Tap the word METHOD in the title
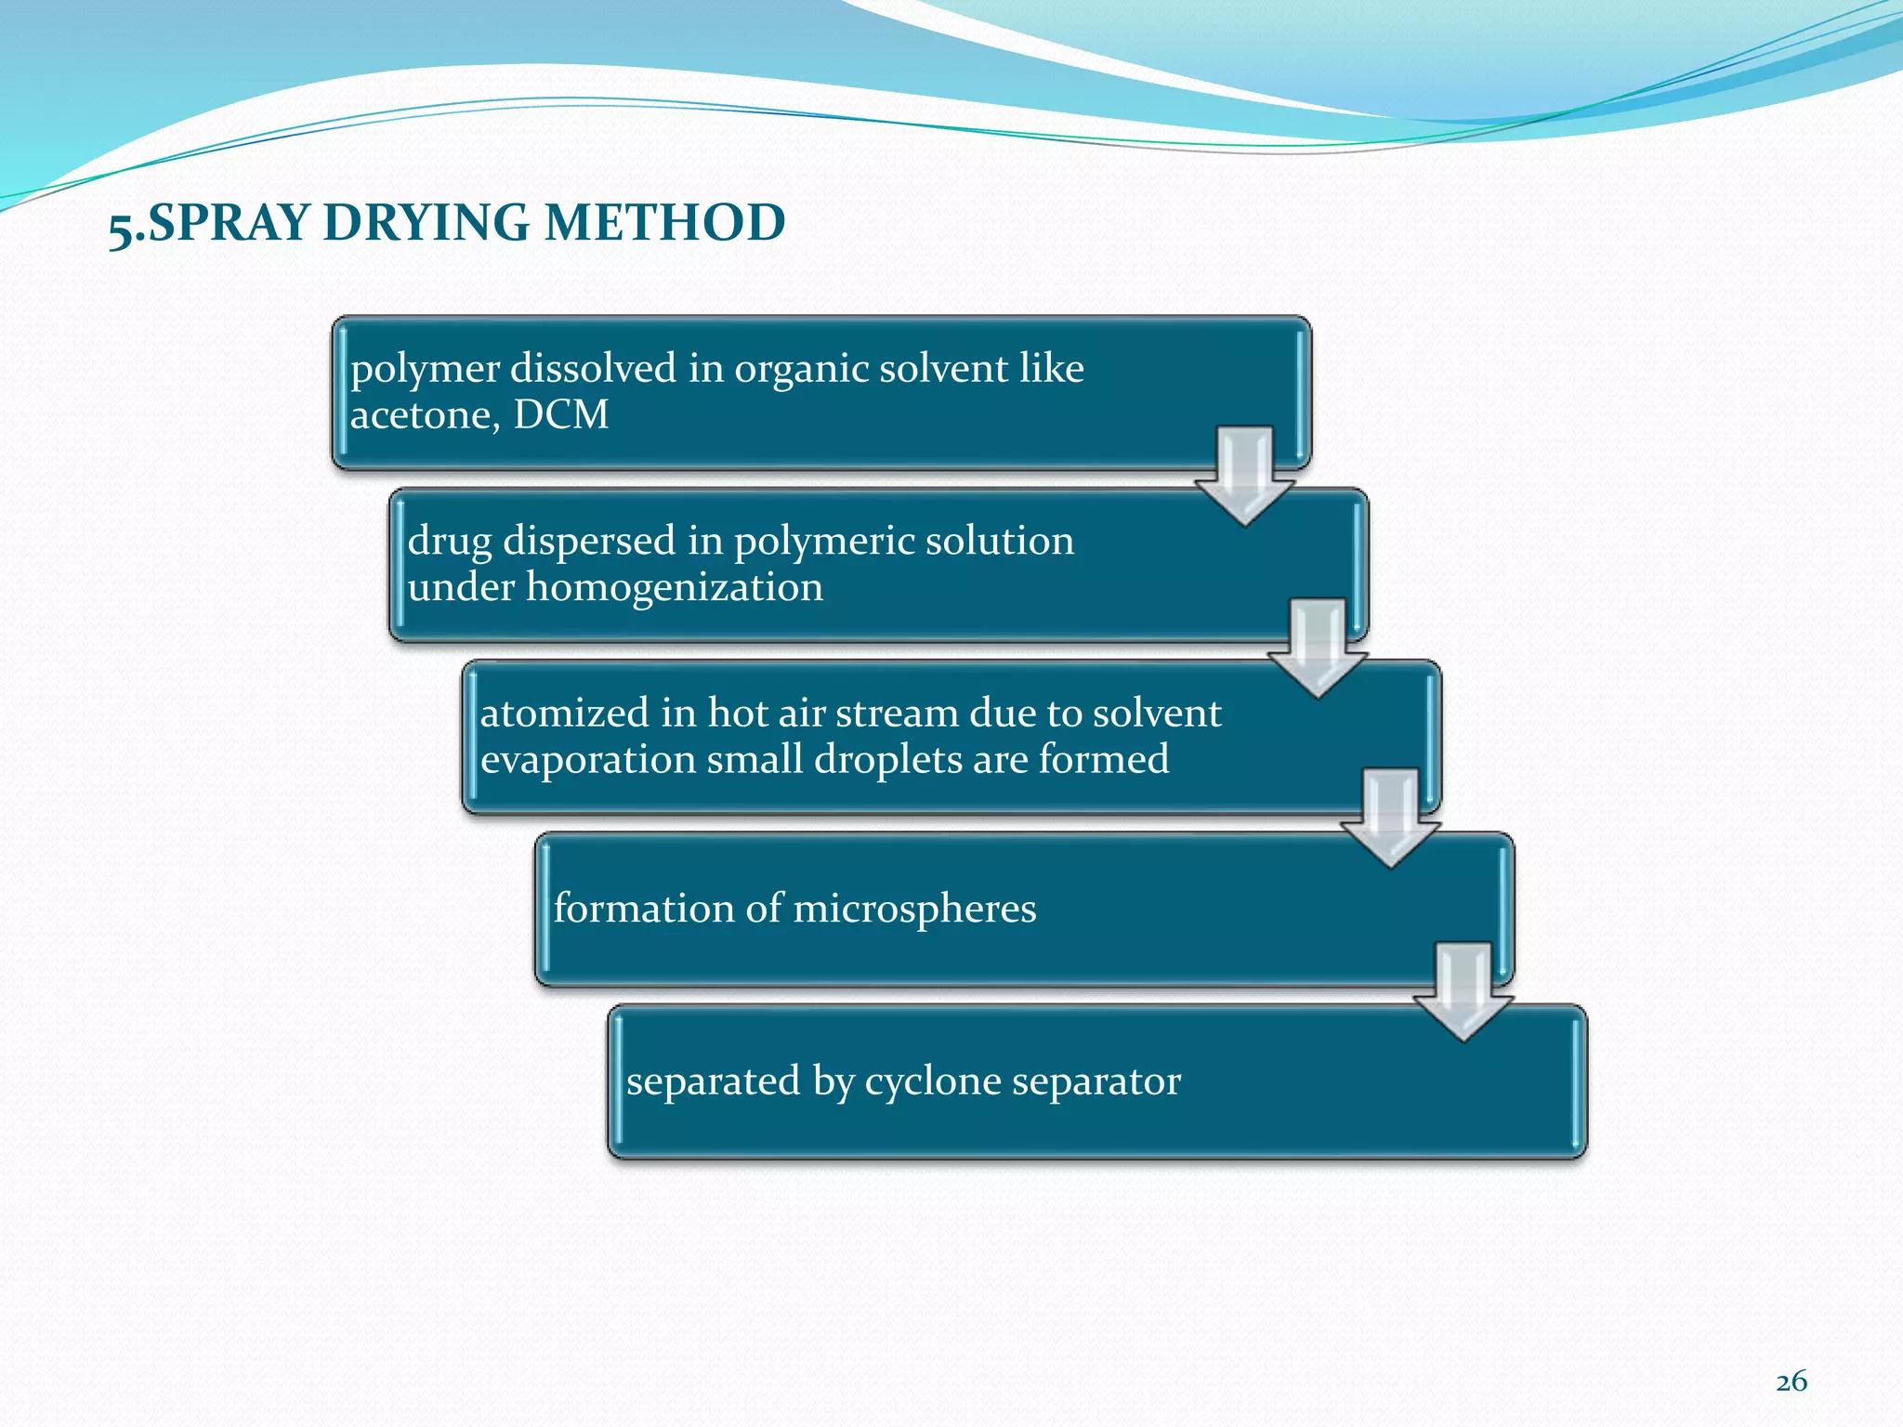664,223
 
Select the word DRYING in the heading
427,223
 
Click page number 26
1791,1381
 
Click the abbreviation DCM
561,414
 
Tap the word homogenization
674,587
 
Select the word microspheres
914,909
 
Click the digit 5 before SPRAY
120,227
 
